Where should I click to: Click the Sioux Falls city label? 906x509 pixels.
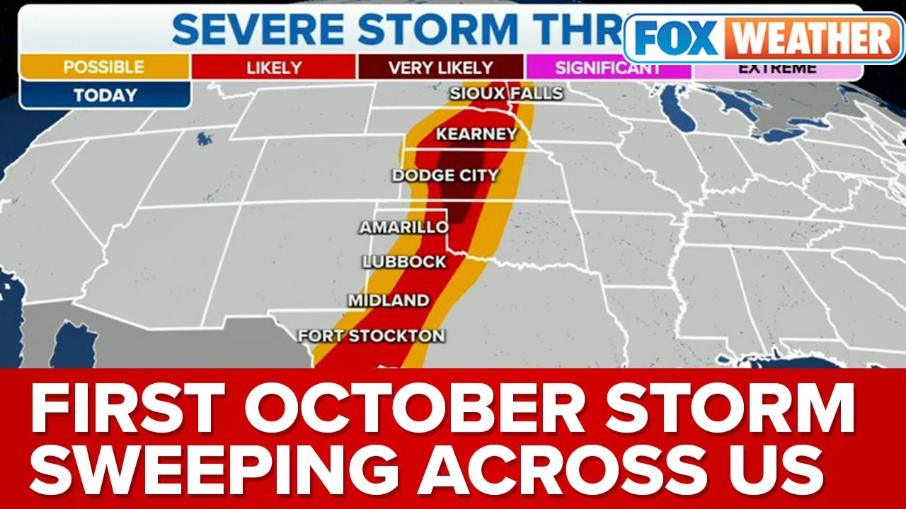tap(505, 93)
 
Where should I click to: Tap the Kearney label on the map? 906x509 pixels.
tap(476, 134)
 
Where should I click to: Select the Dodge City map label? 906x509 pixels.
tap(446, 175)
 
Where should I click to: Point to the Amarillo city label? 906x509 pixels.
tap(403, 228)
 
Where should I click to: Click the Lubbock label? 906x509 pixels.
tap(404, 262)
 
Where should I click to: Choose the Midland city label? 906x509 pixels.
tap(389, 300)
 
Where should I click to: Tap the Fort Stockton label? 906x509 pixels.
tap(371, 336)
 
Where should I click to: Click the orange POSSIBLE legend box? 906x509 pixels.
tap(104, 68)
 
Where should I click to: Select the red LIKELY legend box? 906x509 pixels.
tap(274, 68)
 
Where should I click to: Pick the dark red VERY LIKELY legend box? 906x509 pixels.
tap(440, 68)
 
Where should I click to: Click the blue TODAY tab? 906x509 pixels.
tap(104, 95)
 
